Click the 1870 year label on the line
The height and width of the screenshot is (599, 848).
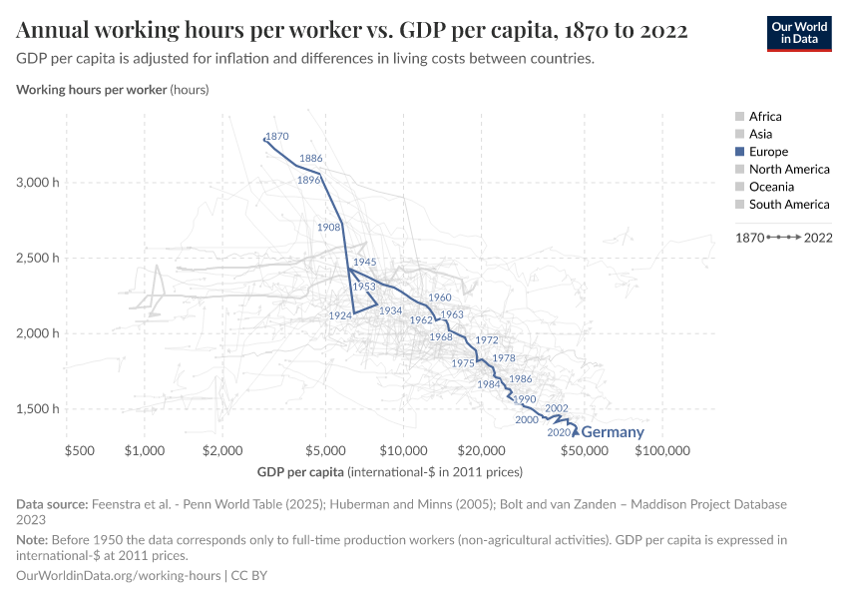pyautogui.click(x=277, y=136)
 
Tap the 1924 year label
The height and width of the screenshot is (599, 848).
pyautogui.click(x=339, y=315)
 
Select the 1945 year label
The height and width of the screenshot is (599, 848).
pyautogui.click(x=364, y=262)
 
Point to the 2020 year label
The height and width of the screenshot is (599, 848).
pyautogui.click(x=559, y=432)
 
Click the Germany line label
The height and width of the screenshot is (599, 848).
pyautogui.click(x=612, y=432)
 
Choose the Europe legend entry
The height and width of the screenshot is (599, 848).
pyautogui.click(x=767, y=152)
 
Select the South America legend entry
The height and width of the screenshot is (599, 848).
pyautogui.click(x=788, y=205)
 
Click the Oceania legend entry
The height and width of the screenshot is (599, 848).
pyautogui.click(x=771, y=187)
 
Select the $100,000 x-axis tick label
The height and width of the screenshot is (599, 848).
pyautogui.click(x=662, y=451)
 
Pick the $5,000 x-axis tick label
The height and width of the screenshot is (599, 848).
pyautogui.click(x=324, y=451)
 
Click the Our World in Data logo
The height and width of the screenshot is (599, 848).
pyautogui.click(x=798, y=32)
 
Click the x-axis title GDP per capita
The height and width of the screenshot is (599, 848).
pyautogui.click(x=300, y=470)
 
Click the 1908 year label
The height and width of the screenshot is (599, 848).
pyautogui.click(x=329, y=228)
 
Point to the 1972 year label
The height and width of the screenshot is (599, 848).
pyautogui.click(x=486, y=340)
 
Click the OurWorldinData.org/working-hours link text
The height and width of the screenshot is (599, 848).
pyautogui.click(x=119, y=576)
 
